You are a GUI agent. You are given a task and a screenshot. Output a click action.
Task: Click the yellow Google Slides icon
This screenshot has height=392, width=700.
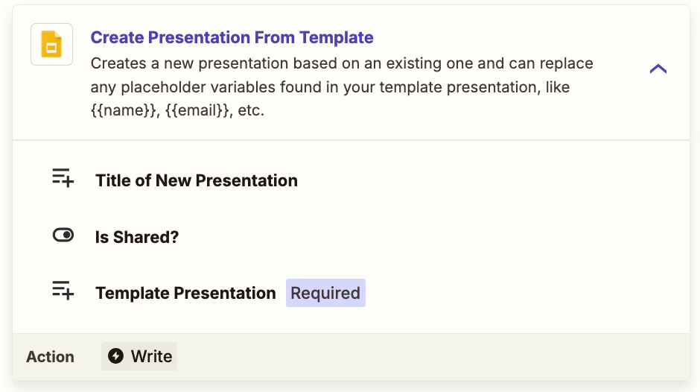tap(51, 44)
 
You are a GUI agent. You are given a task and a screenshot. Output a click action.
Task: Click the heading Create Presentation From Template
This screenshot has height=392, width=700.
tap(232, 37)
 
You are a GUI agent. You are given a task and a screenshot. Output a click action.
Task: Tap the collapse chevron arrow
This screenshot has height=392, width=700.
tap(658, 69)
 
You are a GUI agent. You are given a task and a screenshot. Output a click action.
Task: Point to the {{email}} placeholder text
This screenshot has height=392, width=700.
tap(198, 110)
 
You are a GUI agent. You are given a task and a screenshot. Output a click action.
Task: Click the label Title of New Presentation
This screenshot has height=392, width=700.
tap(197, 180)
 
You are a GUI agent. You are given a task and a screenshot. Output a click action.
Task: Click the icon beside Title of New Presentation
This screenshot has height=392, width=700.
tap(63, 178)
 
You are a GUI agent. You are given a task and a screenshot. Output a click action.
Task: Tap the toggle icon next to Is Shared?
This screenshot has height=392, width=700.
tap(63, 235)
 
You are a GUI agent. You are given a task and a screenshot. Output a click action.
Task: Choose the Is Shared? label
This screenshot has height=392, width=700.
tap(137, 237)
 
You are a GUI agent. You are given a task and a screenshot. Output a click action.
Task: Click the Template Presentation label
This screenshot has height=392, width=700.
tap(185, 293)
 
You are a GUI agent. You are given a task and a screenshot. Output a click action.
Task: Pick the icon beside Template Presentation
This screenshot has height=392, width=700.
tap(63, 291)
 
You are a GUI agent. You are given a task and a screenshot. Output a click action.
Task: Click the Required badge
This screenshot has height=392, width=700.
tap(325, 293)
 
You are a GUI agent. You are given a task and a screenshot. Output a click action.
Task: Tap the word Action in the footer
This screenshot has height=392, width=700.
tap(50, 357)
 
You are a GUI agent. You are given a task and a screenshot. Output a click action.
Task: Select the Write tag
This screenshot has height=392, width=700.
tap(139, 356)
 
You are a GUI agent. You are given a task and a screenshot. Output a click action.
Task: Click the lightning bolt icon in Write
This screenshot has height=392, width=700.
tap(115, 356)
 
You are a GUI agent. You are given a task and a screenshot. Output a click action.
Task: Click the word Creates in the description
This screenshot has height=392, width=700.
tap(118, 63)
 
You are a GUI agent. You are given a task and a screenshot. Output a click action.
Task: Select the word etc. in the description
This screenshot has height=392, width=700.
tap(251, 110)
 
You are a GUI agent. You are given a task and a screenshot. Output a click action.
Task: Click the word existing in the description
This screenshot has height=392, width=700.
tap(413, 63)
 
